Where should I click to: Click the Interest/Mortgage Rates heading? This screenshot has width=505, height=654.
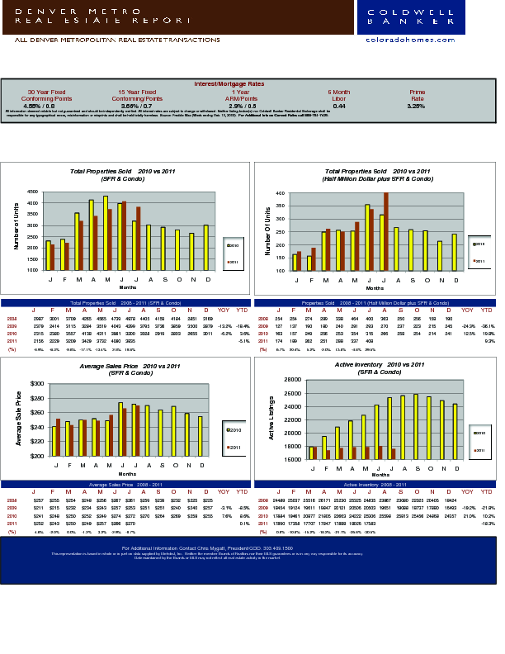229,84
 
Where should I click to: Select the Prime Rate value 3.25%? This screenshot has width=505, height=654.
416,107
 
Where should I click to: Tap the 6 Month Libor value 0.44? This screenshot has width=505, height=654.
339,107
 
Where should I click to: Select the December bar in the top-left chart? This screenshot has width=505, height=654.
205,247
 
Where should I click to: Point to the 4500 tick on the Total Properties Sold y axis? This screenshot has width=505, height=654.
33,192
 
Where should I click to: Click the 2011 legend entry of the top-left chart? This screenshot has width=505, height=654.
232,262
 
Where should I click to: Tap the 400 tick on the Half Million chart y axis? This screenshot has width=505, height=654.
280,193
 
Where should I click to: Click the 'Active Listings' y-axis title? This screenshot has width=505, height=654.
271,418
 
